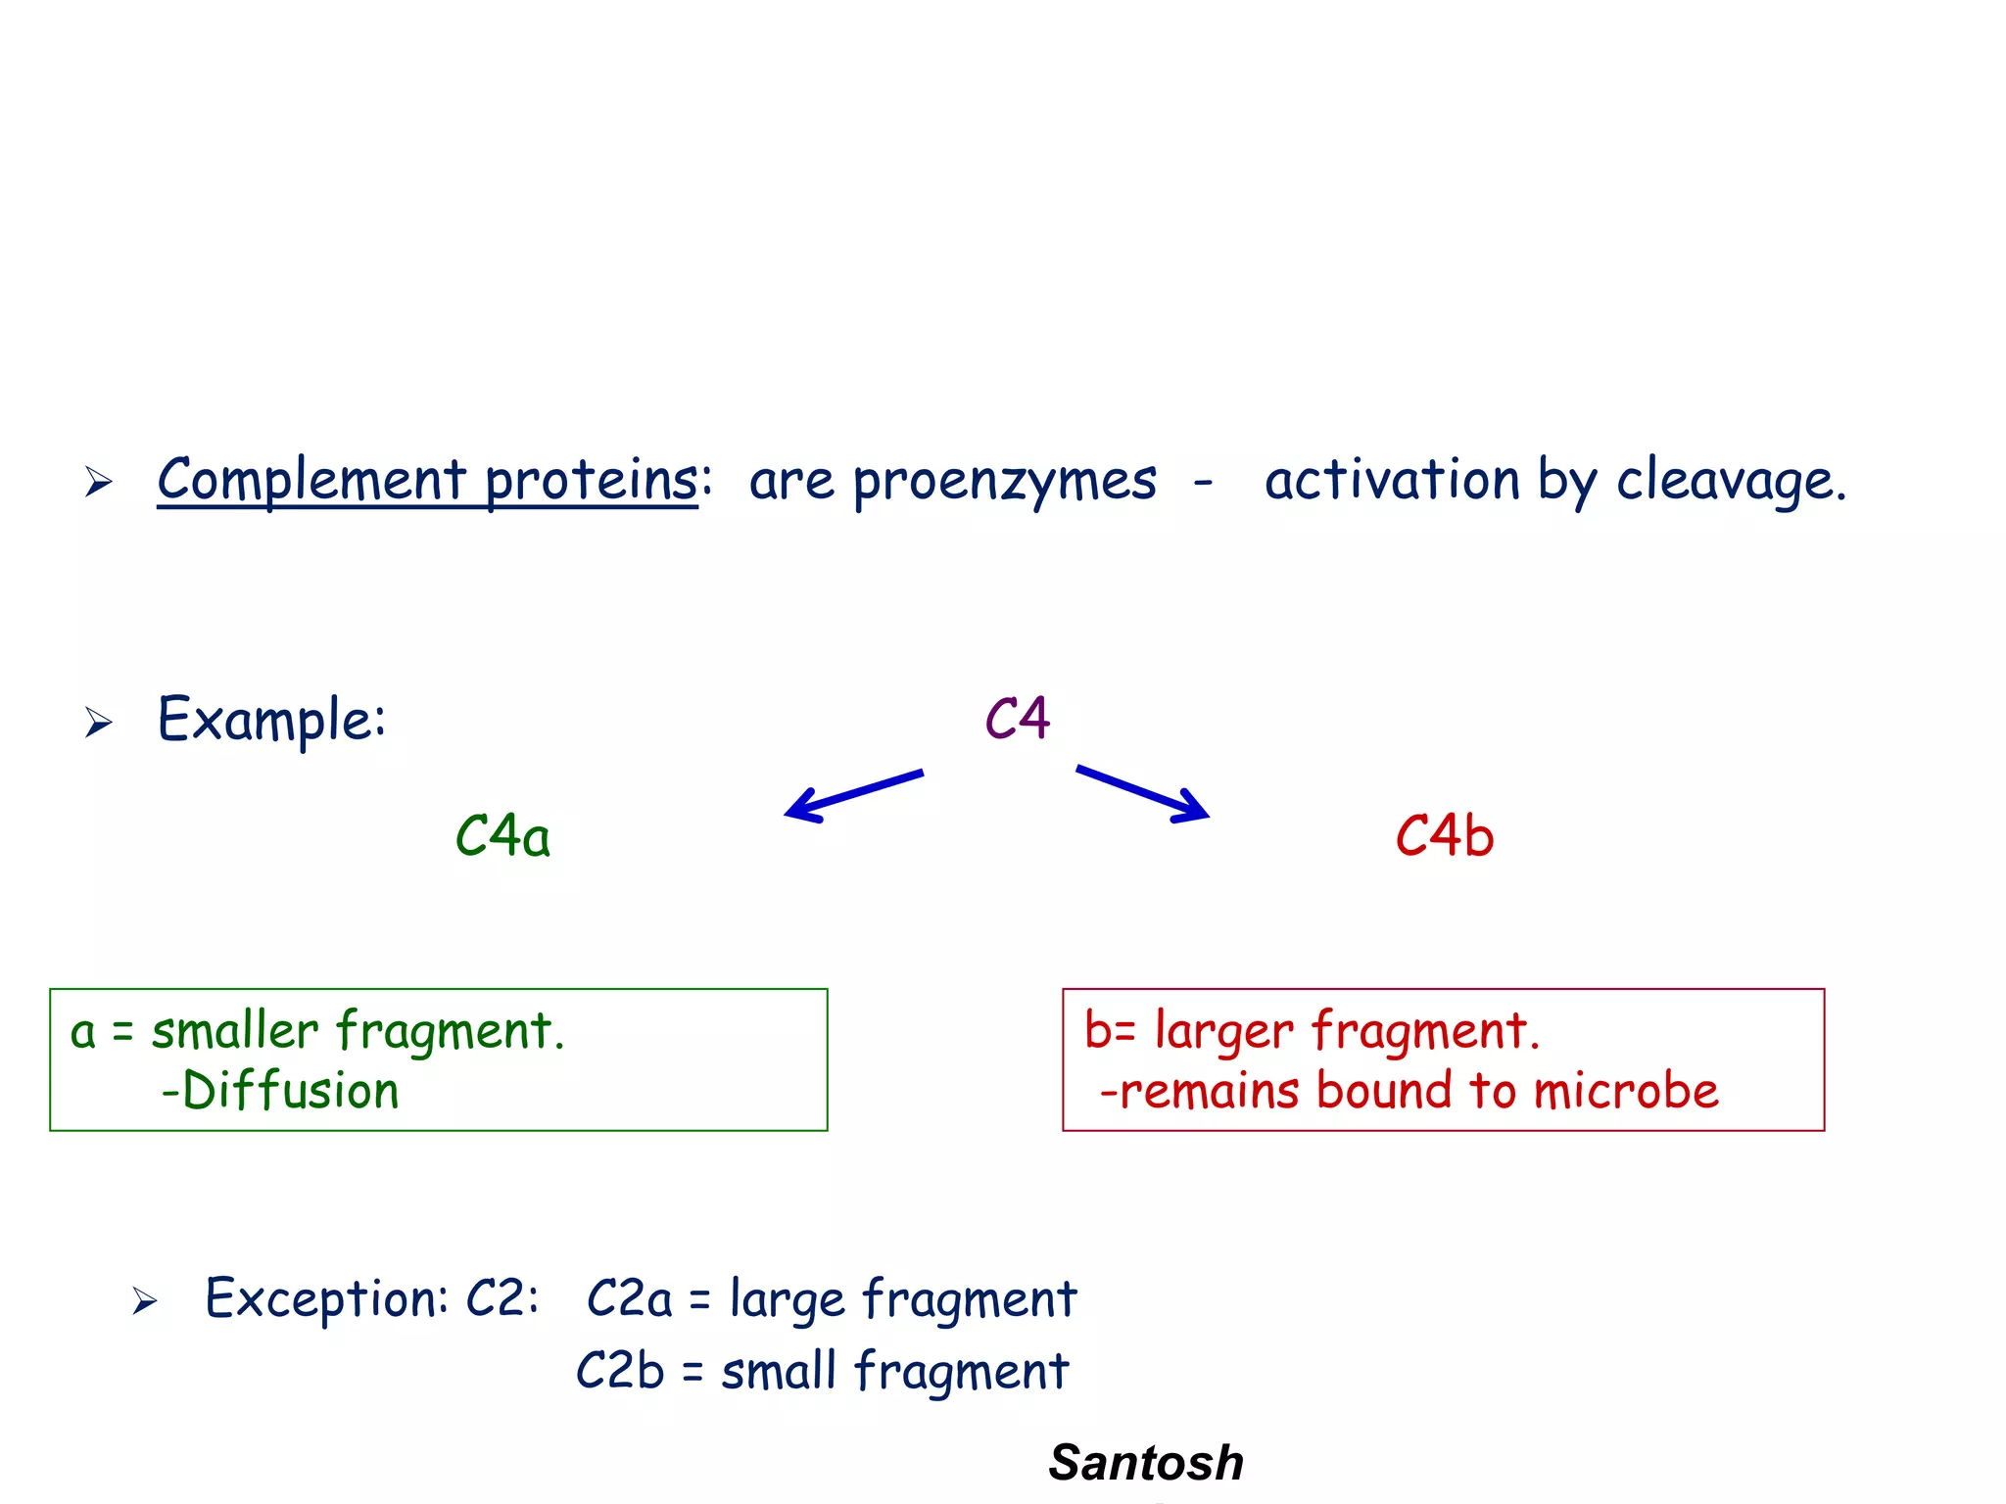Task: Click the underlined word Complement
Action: [x=311, y=480]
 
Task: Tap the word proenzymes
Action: [x=1004, y=482]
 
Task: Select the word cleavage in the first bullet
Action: [x=1730, y=480]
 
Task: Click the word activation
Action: [x=1391, y=480]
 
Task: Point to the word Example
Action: [x=271, y=721]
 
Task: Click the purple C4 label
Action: [x=1018, y=719]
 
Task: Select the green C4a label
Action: [x=502, y=837]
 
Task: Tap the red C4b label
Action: [x=1445, y=837]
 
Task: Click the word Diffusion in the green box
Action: [x=291, y=1091]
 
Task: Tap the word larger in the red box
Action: [x=1224, y=1032]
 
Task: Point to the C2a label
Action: [x=630, y=1299]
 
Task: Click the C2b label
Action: [x=620, y=1370]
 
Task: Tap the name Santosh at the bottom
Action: [x=1146, y=1463]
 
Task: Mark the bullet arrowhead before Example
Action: [x=98, y=723]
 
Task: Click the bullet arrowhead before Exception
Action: [x=145, y=1301]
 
